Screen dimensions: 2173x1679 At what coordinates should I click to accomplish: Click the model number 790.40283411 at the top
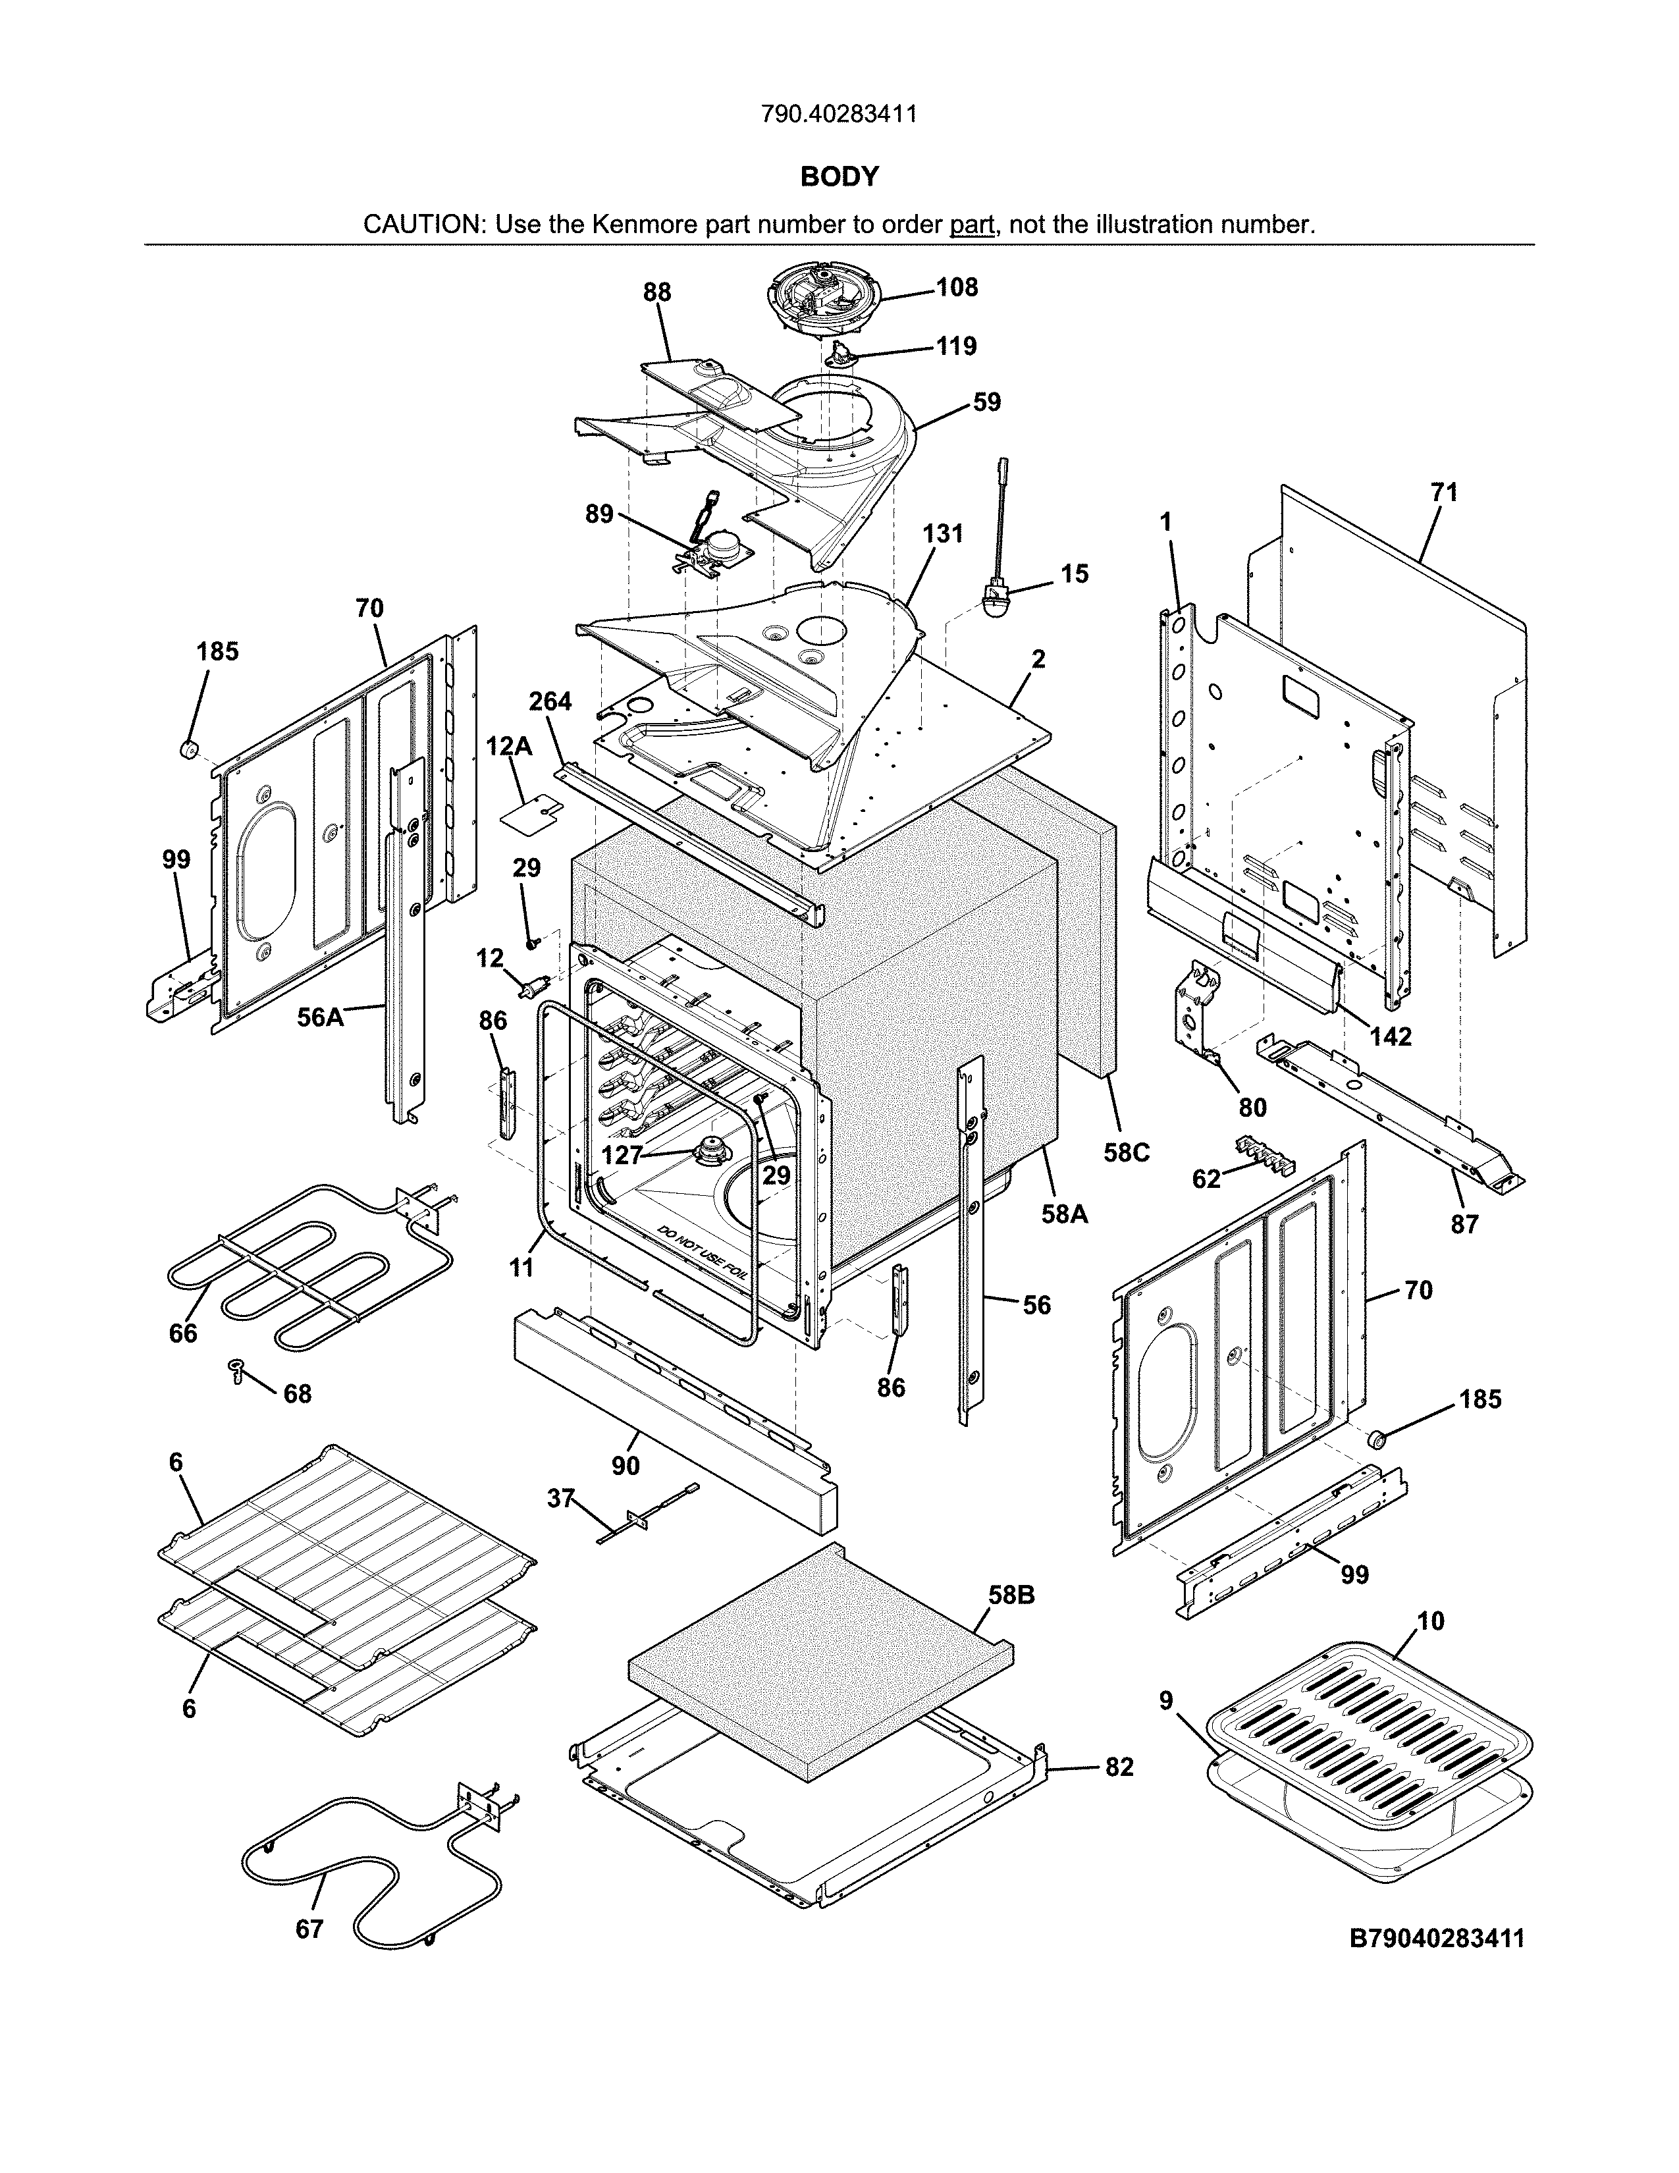click(x=838, y=115)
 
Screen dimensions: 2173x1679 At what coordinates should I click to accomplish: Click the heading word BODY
click(x=839, y=177)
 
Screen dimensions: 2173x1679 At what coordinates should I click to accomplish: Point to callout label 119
click(x=956, y=346)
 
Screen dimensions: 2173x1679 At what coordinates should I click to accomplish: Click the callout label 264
click(x=550, y=701)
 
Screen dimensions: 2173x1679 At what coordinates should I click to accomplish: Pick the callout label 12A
click(x=509, y=746)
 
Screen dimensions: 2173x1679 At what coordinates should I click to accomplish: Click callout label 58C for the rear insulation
click(x=1126, y=1152)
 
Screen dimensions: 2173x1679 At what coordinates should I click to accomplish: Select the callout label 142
click(x=1391, y=1036)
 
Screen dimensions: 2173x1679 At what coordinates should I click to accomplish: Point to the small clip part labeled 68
click(x=237, y=1370)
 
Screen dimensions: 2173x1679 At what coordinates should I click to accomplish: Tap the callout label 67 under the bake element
click(x=309, y=1929)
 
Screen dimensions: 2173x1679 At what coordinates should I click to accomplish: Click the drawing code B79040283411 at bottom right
click(x=1436, y=1938)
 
